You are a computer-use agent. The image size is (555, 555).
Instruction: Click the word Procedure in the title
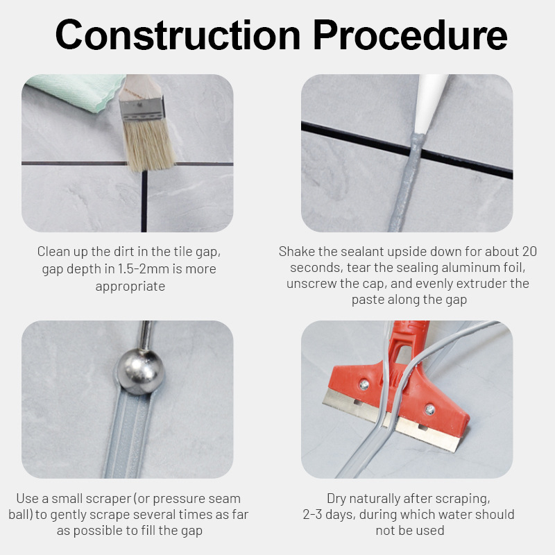click(410, 35)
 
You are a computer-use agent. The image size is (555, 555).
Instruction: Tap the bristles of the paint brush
click(148, 144)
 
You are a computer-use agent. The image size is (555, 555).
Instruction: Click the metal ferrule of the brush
click(142, 109)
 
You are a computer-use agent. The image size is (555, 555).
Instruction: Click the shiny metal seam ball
click(141, 372)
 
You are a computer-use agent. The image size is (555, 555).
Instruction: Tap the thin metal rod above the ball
click(145, 335)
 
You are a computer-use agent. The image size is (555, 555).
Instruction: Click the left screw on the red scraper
click(364, 384)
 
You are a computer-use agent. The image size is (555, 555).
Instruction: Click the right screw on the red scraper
click(429, 409)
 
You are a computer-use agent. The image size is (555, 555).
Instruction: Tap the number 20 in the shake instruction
click(529, 251)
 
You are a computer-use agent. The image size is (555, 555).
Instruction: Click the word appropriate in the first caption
click(130, 287)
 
